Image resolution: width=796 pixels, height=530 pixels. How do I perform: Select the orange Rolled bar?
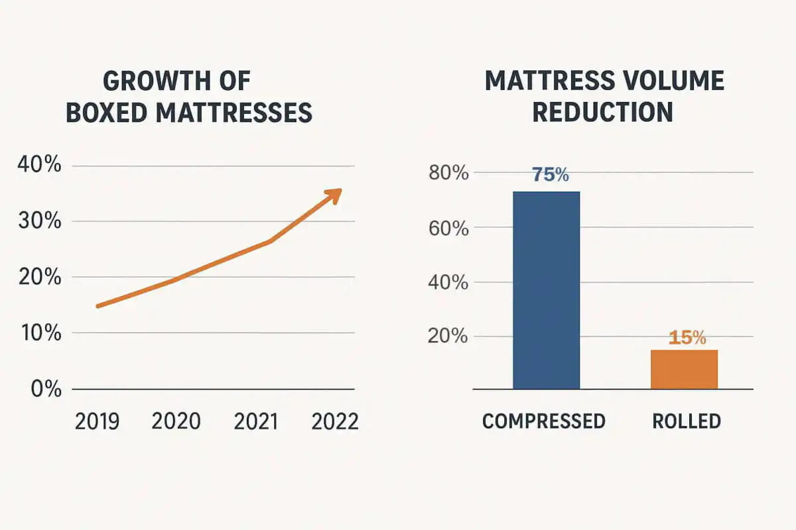point(684,369)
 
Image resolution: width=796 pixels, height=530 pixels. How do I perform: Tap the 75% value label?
point(550,175)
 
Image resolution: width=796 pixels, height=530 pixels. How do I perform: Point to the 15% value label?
point(687,338)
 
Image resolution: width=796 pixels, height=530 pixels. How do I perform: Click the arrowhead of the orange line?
point(335,194)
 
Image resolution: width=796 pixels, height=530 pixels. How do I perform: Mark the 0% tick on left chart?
point(46,388)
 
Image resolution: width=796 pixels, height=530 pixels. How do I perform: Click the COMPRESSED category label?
point(543,421)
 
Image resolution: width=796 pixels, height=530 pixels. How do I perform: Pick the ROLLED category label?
point(686,421)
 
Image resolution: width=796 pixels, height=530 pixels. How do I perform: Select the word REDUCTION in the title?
point(602,112)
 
